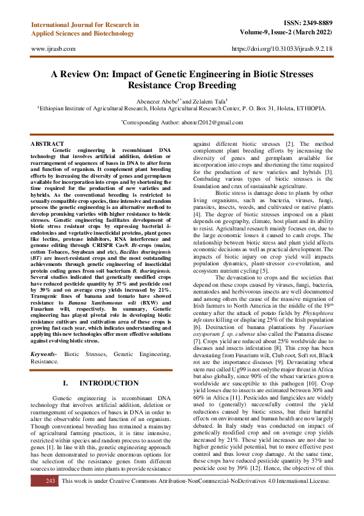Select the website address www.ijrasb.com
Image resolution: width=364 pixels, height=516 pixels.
point(53,48)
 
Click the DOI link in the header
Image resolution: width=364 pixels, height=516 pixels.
point(283,48)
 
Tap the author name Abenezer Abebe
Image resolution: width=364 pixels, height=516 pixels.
point(155,101)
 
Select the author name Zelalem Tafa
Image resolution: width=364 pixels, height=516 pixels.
point(209,101)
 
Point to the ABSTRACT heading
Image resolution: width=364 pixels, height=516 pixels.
point(46,143)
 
